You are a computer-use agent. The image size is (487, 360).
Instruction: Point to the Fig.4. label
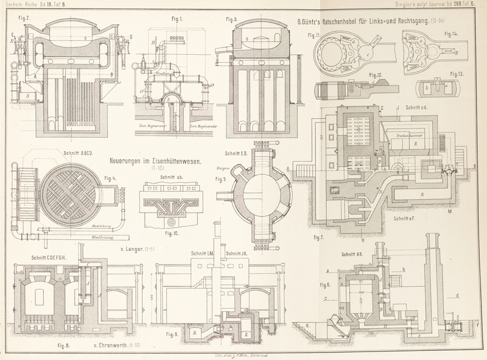tap(110, 178)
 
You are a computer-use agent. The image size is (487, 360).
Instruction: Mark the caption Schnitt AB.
tap(355, 253)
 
